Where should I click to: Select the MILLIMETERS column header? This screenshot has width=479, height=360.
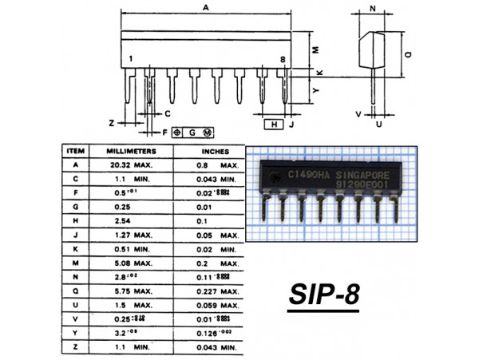(132, 150)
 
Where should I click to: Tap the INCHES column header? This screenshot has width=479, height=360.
(215, 151)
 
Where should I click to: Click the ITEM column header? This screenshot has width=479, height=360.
(76, 150)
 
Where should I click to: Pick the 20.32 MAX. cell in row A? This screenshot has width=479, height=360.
(133, 164)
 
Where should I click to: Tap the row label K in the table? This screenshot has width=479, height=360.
(76, 248)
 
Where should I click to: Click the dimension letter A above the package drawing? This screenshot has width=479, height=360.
(206, 7)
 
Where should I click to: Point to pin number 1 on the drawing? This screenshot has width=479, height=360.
(131, 59)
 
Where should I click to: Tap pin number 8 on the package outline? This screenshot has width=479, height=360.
(282, 59)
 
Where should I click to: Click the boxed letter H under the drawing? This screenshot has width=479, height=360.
(274, 125)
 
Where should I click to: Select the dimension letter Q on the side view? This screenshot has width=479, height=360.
(408, 55)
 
